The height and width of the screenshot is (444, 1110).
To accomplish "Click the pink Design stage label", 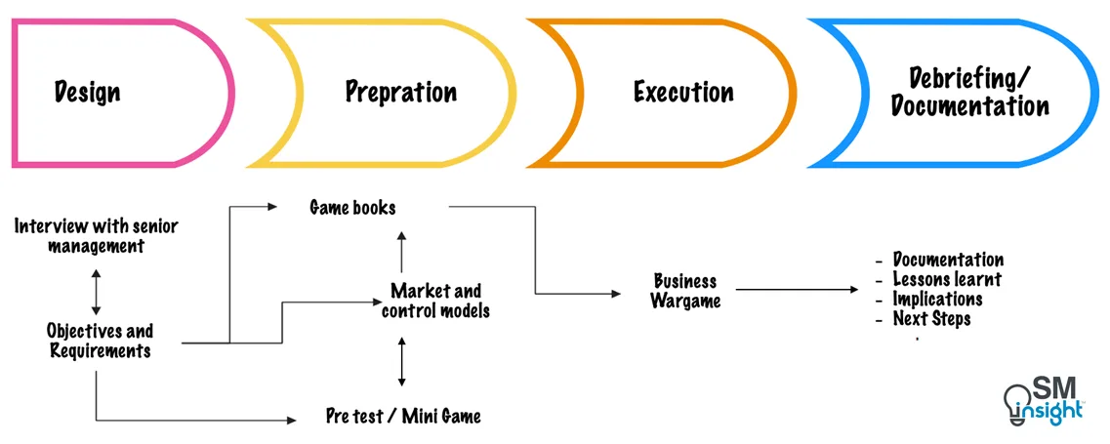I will click(x=88, y=93).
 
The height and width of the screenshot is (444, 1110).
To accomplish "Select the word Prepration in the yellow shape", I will click(x=400, y=93).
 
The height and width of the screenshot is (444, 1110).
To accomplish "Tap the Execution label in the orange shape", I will click(x=683, y=93).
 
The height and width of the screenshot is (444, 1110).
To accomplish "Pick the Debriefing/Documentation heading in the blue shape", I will click(x=969, y=92).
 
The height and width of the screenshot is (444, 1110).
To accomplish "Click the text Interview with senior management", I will click(x=96, y=236).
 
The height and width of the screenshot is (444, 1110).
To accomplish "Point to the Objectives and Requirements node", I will click(x=100, y=341).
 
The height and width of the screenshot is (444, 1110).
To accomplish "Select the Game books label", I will click(x=352, y=207).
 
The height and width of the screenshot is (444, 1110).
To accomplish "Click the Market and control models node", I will click(x=435, y=301).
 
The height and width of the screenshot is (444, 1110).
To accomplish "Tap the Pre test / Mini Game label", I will click(x=403, y=416).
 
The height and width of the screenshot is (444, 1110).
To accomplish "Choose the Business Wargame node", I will click(x=686, y=291).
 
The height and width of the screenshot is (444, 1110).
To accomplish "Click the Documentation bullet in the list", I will click(x=947, y=260).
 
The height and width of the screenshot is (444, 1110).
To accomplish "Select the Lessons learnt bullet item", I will click(x=946, y=279).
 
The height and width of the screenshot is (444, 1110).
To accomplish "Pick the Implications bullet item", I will click(x=937, y=299).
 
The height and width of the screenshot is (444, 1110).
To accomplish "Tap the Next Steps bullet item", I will click(x=931, y=318).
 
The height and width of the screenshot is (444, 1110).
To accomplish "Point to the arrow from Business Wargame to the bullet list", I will click(x=796, y=290).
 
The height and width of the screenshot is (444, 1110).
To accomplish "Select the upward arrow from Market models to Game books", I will click(x=401, y=251).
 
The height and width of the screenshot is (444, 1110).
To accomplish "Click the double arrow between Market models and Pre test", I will click(x=401, y=361).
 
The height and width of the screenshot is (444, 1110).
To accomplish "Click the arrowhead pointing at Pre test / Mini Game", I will click(x=290, y=420).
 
